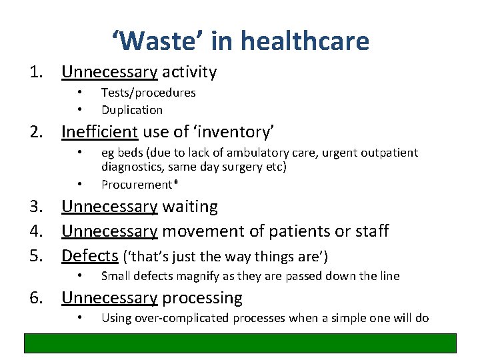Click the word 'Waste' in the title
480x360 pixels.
click(x=157, y=41)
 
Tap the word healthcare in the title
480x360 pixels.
click(x=305, y=41)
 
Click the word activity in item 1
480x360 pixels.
click(x=189, y=72)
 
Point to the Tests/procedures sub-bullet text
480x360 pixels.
click(x=148, y=93)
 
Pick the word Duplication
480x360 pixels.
click(x=132, y=109)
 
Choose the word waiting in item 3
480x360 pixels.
click(x=190, y=207)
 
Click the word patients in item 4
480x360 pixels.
click(x=291, y=231)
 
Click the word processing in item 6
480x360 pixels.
click(x=203, y=297)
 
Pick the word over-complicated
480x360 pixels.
click(x=179, y=318)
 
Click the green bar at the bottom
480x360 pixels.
click(x=240, y=343)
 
